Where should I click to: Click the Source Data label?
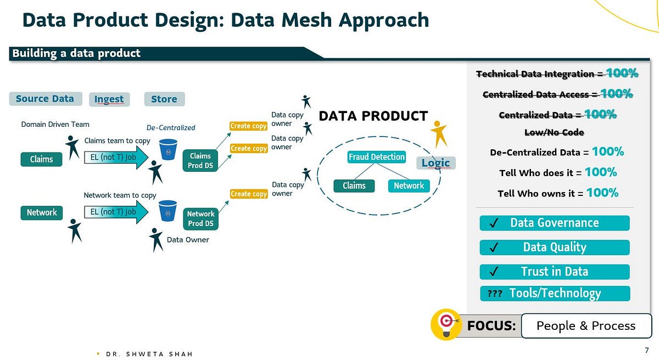pyautogui.click(x=45, y=99)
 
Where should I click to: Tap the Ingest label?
pyautogui.click(x=109, y=99)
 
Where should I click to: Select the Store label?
pyautogui.click(x=164, y=99)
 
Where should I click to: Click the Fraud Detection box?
pyautogui.click(x=376, y=157)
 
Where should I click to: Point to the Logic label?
pyautogui.click(x=435, y=163)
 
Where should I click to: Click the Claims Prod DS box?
pyautogui.click(x=200, y=161)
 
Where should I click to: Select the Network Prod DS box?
pyautogui.click(x=200, y=218)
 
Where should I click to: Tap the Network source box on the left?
pyautogui.click(x=42, y=212)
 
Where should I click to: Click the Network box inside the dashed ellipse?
pyautogui.click(x=409, y=185)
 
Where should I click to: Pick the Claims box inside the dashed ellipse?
pyautogui.click(x=354, y=185)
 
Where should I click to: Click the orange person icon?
pyautogui.click(x=438, y=134)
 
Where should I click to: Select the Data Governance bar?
pyautogui.click(x=554, y=223)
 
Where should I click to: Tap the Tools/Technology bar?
pyautogui.click(x=554, y=293)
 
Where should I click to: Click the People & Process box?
pyautogui.click(x=585, y=326)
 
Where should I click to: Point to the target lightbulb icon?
pyautogui.click(x=445, y=323)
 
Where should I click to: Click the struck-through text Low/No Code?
pyautogui.click(x=554, y=132)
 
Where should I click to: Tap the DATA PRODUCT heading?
pyautogui.click(x=373, y=116)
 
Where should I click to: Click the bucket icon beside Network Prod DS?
pyautogui.click(x=167, y=210)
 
